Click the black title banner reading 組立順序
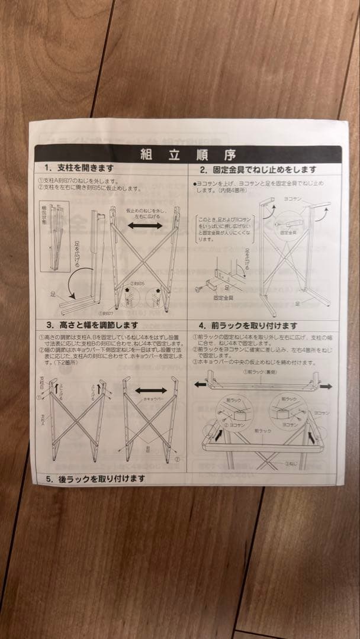pos(188,155)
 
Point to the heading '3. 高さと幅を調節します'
pos(92,325)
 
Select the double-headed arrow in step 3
pos(150,390)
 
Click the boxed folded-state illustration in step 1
pos(54,237)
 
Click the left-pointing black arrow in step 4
pos(200,385)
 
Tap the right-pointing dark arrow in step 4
pos(326,386)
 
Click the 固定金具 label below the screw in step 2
pos(223,298)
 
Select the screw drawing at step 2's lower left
pos(200,288)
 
